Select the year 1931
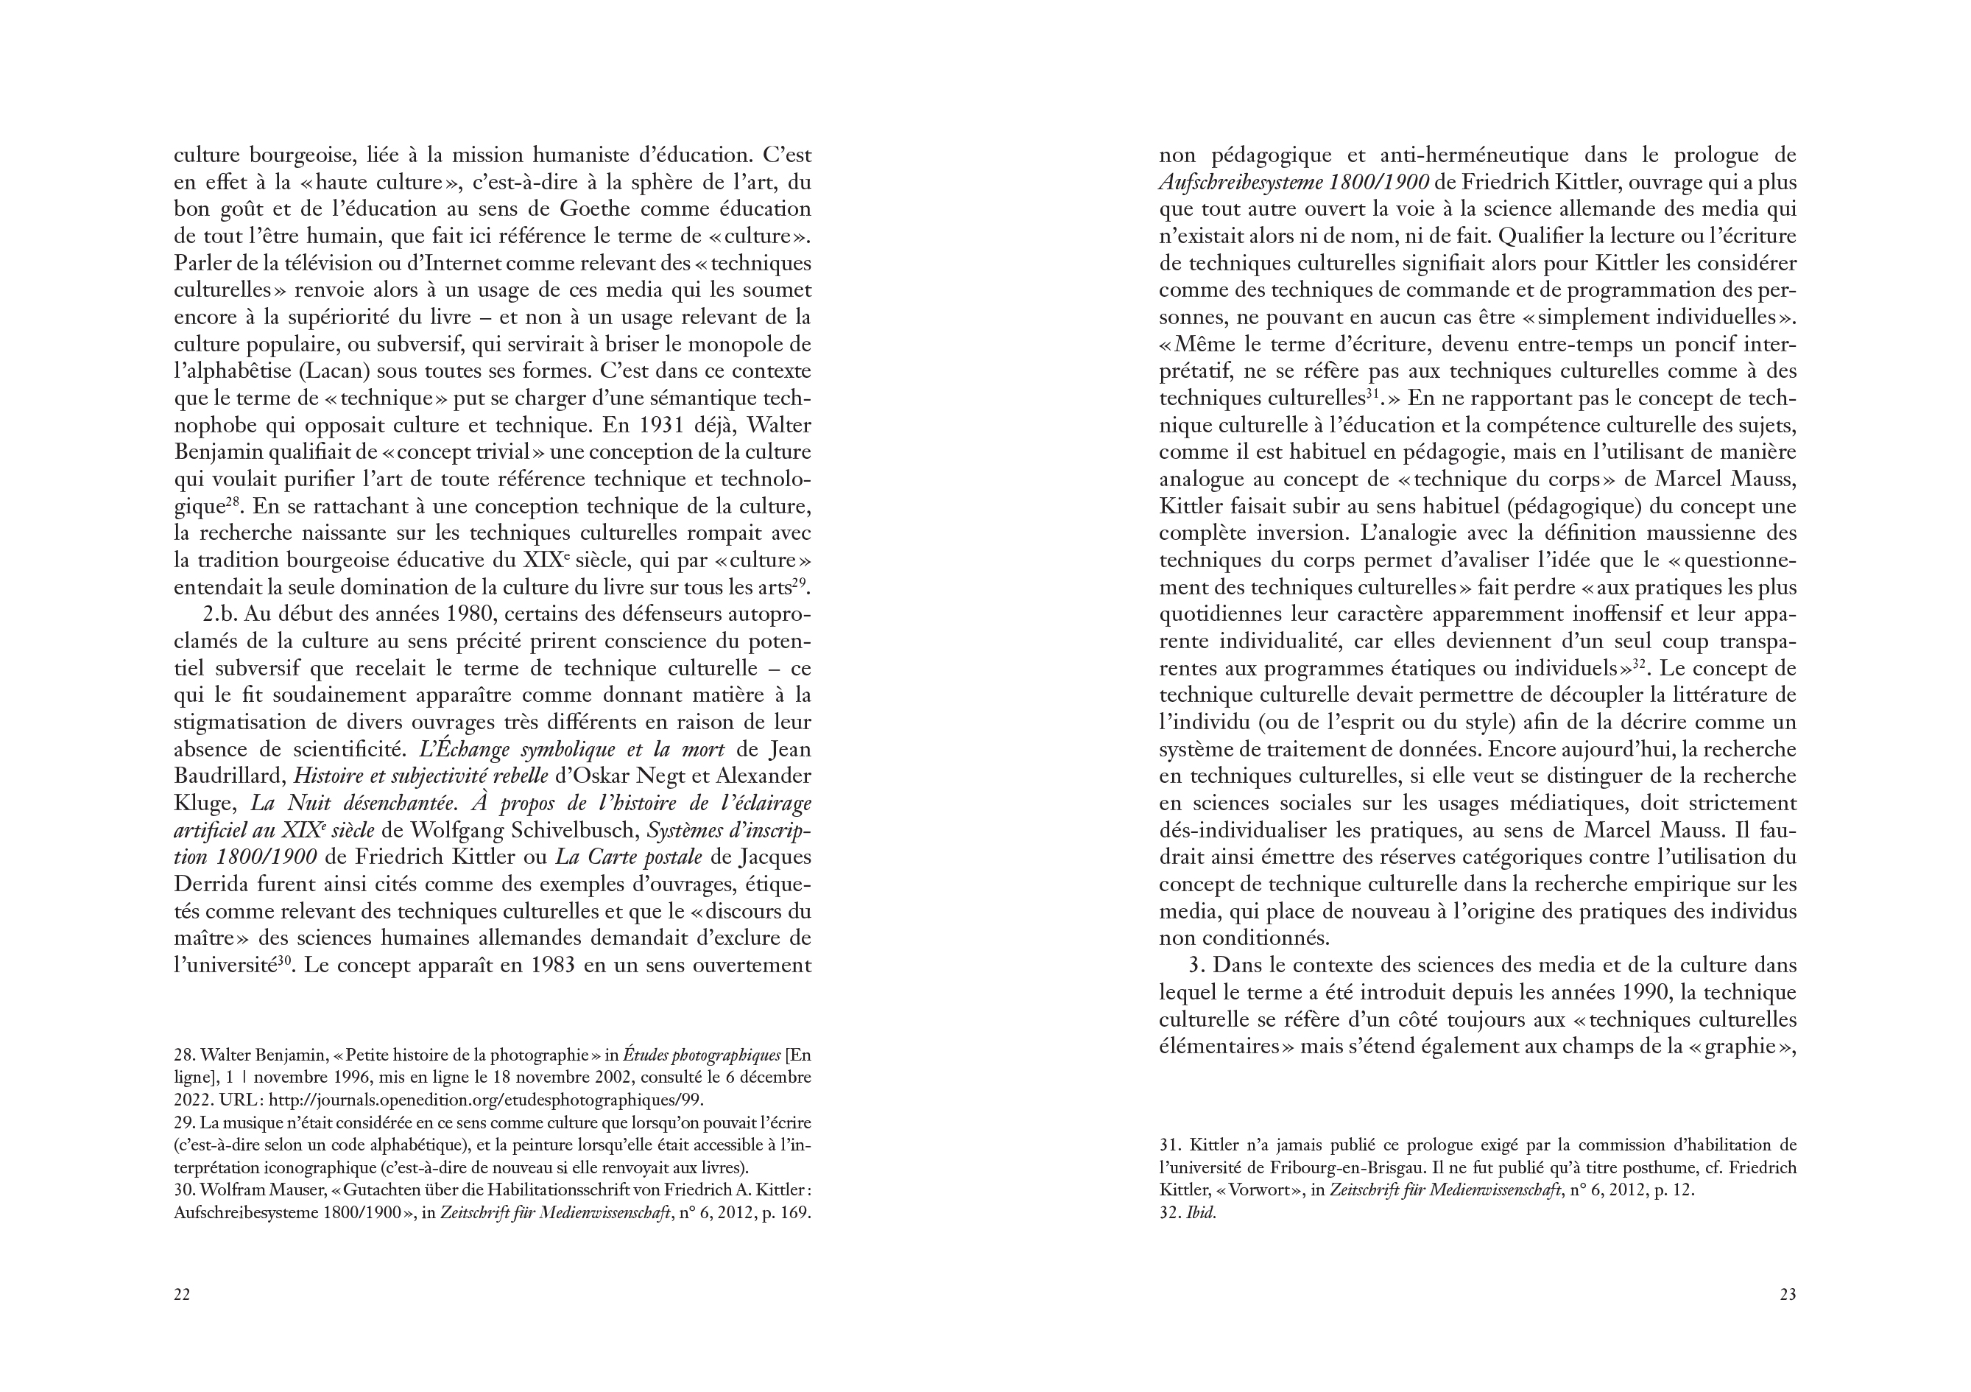pos(677,426)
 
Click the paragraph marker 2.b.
pos(222,615)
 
